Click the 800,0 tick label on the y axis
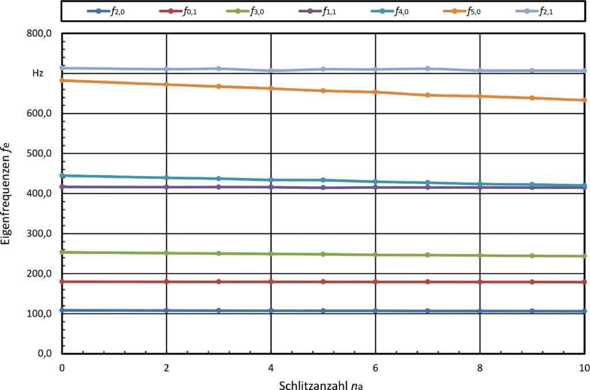40,34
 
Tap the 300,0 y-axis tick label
40,234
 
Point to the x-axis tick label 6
375,367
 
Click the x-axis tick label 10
583,367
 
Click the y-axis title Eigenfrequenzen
7,195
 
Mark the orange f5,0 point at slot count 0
62,80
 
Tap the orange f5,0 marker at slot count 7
427,95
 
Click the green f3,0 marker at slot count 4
271,253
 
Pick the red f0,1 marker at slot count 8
479,282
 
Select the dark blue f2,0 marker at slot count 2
167,311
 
